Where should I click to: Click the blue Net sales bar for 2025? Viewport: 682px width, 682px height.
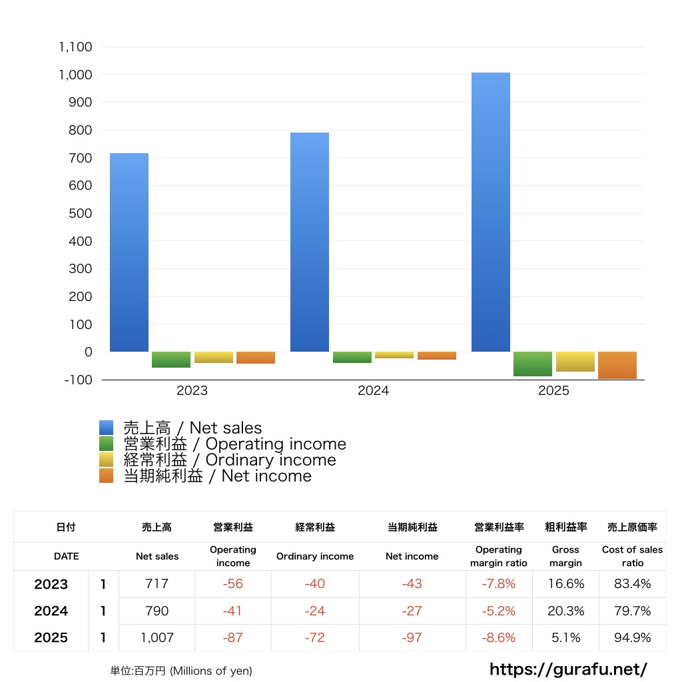click(x=491, y=212)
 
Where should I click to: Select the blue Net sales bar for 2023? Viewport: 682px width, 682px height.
click(x=129, y=252)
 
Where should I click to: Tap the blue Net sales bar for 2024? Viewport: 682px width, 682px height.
click(x=310, y=242)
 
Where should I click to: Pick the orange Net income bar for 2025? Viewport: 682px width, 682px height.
click(x=617, y=365)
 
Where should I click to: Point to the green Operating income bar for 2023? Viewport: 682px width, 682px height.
click(x=171, y=360)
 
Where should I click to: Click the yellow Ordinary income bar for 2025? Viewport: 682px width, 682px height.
click(x=575, y=362)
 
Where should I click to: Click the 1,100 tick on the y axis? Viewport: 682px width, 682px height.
click(x=75, y=47)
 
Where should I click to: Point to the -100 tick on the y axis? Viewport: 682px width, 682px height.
click(x=79, y=380)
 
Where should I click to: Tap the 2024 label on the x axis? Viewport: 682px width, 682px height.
click(x=373, y=391)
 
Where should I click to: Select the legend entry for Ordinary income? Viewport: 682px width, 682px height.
click(x=230, y=460)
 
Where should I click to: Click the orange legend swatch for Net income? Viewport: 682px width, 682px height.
click(x=107, y=476)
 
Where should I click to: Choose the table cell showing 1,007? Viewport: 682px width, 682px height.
click(x=157, y=637)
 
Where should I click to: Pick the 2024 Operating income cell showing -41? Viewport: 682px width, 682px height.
click(x=232, y=611)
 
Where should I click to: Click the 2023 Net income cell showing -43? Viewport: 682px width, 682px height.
click(x=412, y=584)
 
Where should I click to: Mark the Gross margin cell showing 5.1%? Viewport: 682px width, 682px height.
click(x=565, y=637)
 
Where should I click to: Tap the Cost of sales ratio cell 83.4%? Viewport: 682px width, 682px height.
click(x=632, y=584)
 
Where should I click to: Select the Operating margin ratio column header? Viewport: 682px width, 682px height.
click(x=498, y=556)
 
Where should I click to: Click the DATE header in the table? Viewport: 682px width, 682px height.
click(x=66, y=556)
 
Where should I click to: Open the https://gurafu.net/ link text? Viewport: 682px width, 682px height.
click(x=568, y=669)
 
